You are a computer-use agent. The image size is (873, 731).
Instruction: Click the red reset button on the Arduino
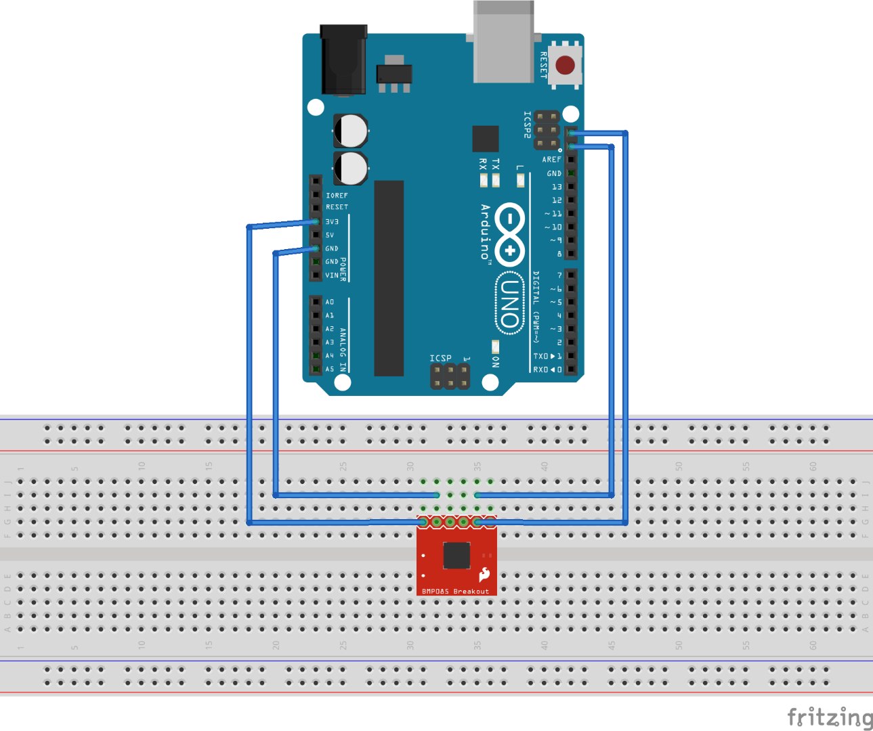coord(565,65)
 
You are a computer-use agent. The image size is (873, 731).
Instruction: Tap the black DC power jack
coord(344,61)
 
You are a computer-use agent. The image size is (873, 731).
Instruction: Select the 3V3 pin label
coord(332,222)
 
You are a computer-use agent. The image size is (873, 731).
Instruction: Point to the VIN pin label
coord(332,275)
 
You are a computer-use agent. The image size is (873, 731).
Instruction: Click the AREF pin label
coord(551,160)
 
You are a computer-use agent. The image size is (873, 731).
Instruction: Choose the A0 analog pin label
coord(330,302)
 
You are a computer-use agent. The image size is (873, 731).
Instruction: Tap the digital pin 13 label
coord(556,187)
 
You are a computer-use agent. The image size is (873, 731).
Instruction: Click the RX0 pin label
coord(540,370)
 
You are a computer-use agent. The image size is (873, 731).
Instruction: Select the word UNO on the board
coord(510,303)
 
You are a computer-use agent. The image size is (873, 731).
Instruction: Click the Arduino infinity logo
coord(509,234)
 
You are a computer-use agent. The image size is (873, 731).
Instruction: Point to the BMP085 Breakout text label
coord(455,591)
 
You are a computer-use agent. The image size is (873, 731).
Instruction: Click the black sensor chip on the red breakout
coord(456,556)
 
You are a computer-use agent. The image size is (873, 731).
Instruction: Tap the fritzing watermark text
coord(829,717)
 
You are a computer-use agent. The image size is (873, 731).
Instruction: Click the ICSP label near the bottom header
coord(440,358)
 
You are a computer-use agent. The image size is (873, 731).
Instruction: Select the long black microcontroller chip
coord(389,278)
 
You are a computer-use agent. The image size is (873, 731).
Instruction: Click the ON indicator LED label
coord(496,361)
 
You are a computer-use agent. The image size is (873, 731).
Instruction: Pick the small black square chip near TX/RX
coord(485,139)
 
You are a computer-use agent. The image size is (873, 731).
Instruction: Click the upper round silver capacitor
coord(351,131)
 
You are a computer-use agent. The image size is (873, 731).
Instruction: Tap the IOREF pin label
coord(337,196)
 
